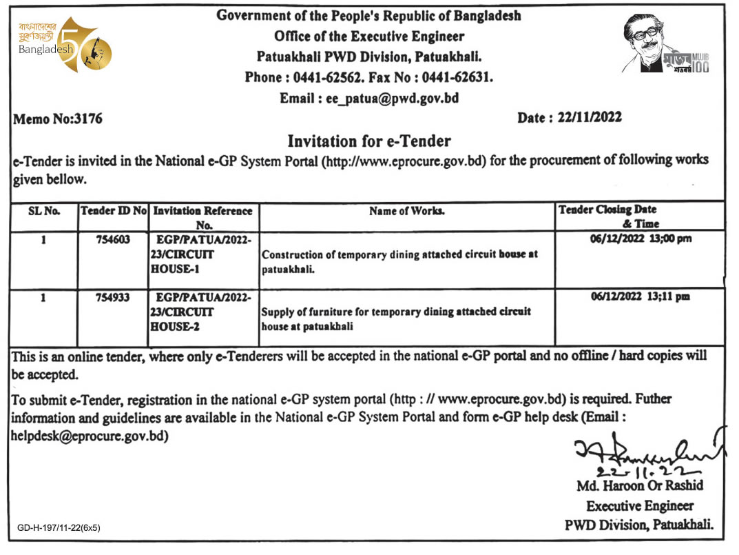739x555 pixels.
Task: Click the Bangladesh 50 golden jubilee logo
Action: [x=66, y=46]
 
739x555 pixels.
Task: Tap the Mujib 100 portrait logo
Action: [x=665, y=46]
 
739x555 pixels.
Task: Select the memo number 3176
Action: [x=87, y=119]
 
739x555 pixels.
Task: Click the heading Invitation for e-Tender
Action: [x=368, y=141]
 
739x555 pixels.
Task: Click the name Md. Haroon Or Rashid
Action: [x=641, y=487]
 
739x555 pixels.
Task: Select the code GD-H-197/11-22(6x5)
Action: [x=59, y=528]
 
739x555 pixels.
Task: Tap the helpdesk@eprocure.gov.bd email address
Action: [x=89, y=436]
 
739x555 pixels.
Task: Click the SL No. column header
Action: [x=44, y=211]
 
